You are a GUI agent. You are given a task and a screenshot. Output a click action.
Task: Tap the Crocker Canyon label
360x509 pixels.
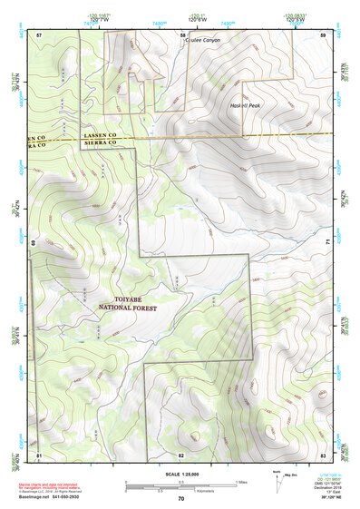pos(202,41)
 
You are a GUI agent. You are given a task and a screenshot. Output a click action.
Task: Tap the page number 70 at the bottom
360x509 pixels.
pos(181,498)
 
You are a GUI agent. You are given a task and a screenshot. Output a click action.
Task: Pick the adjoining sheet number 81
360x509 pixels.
pos(39,454)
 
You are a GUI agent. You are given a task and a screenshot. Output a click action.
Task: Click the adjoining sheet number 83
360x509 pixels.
pos(323,454)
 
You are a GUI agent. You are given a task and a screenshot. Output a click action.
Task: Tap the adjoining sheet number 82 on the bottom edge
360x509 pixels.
pos(181,454)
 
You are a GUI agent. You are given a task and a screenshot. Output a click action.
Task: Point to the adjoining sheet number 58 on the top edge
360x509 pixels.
pos(181,34)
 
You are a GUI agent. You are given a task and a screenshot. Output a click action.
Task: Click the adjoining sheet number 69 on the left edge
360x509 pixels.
pos(35,243)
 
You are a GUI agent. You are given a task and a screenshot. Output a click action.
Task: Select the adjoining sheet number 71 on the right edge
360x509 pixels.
pos(326,243)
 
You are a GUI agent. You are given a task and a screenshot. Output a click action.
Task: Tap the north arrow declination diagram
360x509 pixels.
pos(279,478)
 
